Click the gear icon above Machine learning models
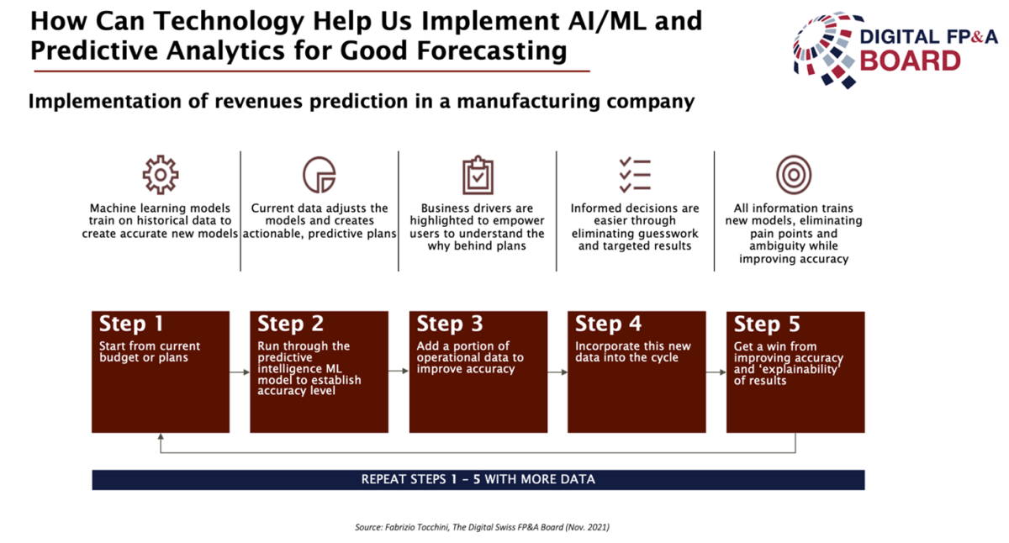pyautogui.click(x=161, y=175)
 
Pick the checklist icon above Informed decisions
pyautogui.click(x=635, y=175)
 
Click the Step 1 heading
pyautogui.click(x=131, y=324)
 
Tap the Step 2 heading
pyautogui.click(x=291, y=324)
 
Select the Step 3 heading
pyautogui.click(x=450, y=324)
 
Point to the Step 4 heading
pyautogui.click(x=608, y=324)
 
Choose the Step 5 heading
pyautogui.click(x=767, y=324)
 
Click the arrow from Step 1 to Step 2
pyautogui.click(x=240, y=372)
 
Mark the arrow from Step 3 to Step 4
pyautogui.click(x=557, y=372)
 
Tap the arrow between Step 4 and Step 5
pyautogui.click(x=716, y=372)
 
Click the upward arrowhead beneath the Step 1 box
pyautogui.click(x=161, y=436)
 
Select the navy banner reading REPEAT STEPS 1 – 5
pyautogui.click(x=478, y=479)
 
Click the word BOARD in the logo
pyautogui.click(x=910, y=61)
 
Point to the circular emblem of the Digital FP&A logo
pyautogui.click(x=825, y=49)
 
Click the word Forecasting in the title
pyautogui.click(x=491, y=50)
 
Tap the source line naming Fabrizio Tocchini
pyautogui.click(x=482, y=527)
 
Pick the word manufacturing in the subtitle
pyautogui.click(x=528, y=102)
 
